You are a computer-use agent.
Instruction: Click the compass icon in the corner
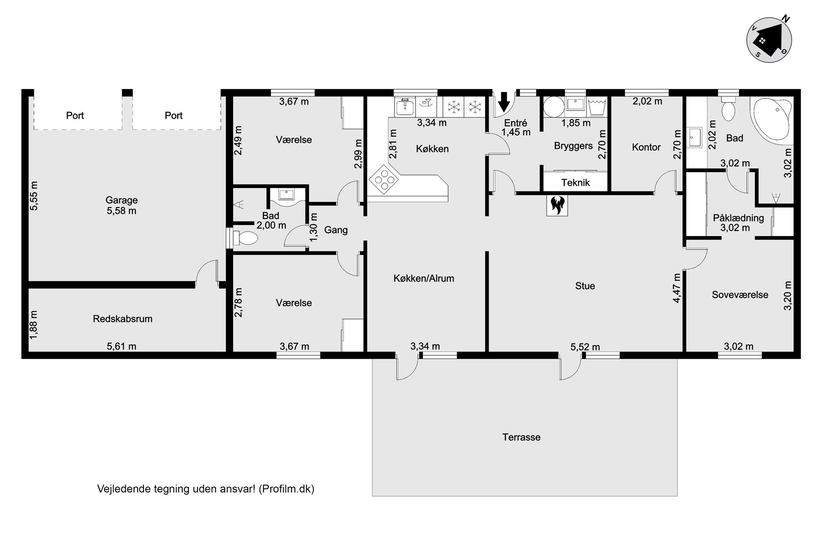[769, 39]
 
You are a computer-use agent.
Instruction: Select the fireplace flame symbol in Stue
[557, 205]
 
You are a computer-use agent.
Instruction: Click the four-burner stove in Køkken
[384, 179]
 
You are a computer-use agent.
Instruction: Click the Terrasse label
[521, 437]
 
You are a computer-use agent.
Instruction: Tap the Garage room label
[121, 200]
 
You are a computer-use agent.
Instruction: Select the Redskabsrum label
[123, 319]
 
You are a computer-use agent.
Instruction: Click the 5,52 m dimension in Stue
[585, 347]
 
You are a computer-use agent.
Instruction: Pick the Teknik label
[575, 183]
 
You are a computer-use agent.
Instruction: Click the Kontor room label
[646, 147]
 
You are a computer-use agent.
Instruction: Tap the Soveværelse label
[740, 295]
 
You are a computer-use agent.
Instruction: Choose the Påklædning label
[738, 218]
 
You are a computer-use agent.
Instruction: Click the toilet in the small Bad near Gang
[245, 238]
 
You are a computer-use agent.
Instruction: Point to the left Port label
[75, 116]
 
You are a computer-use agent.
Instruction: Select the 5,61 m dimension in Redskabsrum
[121, 347]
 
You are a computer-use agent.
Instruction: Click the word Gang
[336, 230]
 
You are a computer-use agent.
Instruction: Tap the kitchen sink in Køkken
[405, 106]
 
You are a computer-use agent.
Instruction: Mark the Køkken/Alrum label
[424, 278]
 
